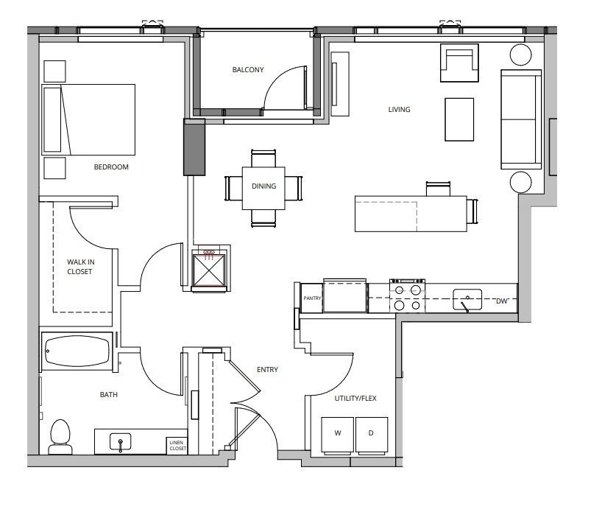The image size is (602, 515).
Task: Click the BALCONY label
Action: (x=248, y=69)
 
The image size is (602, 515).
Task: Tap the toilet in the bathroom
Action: (x=60, y=437)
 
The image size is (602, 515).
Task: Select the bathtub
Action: (x=77, y=351)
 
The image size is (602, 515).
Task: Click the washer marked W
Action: (x=338, y=435)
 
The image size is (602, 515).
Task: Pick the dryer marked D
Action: (x=372, y=435)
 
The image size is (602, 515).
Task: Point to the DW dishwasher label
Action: (x=502, y=301)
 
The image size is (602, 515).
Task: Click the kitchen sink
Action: (x=467, y=300)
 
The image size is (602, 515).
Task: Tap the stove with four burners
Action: (x=408, y=296)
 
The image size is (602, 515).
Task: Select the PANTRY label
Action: (x=312, y=298)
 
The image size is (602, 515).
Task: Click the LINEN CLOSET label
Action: (x=178, y=446)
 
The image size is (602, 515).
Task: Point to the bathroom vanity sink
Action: (x=120, y=442)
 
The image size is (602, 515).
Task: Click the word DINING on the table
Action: (x=263, y=186)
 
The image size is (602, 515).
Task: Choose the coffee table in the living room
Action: (x=459, y=119)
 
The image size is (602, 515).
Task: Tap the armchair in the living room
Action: (x=459, y=63)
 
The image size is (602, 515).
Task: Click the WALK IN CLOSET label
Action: (x=80, y=267)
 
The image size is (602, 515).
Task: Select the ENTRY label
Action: (x=267, y=369)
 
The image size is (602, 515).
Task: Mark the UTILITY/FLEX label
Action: (x=355, y=398)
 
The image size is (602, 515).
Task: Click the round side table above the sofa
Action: (x=520, y=55)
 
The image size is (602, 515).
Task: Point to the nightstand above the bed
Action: (x=54, y=71)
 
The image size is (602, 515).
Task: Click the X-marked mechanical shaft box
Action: (x=208, y=270)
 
